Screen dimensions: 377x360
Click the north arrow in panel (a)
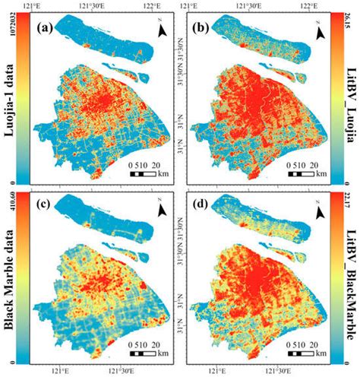[162, 30]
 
